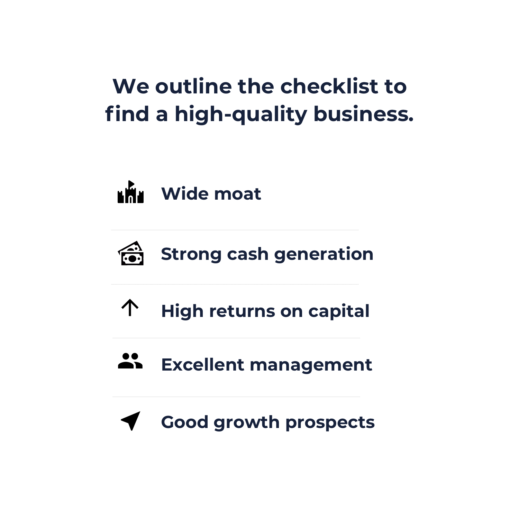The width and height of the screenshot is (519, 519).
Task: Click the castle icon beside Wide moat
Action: point(130,192)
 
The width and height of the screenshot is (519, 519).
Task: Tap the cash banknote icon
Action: point(131,254)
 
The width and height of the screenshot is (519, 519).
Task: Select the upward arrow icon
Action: point(130,308)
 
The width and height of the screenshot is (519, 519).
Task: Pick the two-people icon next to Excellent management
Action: point(130,361)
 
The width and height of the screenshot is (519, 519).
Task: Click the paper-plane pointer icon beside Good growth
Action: point(131,420)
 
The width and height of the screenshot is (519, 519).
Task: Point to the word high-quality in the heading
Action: point(241,114)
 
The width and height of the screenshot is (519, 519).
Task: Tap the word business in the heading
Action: point(363,114)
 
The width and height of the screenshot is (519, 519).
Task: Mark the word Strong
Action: point(191,254)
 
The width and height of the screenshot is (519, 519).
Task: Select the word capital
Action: point(339,311)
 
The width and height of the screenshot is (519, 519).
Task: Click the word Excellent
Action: point(203,365)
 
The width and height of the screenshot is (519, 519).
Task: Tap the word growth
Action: point(246,422)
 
